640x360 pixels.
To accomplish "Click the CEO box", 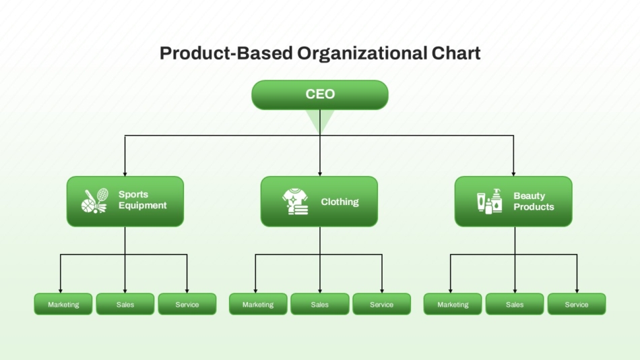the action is point(319,95).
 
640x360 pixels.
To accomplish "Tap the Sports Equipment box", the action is point(125,202).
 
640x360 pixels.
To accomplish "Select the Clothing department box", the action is point(319,202).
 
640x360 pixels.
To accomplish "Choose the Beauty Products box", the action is point(513,202).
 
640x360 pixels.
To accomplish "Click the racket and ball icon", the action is point(95,201).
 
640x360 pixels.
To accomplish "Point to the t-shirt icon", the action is point(295,202).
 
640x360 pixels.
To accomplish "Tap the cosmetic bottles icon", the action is point(490,201).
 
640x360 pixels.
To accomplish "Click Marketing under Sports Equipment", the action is point(63,304).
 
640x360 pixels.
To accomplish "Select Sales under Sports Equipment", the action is point(125,304).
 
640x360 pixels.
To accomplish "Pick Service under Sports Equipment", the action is point(187,304).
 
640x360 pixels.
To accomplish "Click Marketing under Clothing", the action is point(258,304).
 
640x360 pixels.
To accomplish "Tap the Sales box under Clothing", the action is point(320,304).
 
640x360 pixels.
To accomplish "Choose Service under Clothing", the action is point(381,304).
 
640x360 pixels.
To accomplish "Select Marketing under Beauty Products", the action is point(453,304).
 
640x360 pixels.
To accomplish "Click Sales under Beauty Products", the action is point(515,304).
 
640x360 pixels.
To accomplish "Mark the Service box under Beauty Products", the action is point(577,304).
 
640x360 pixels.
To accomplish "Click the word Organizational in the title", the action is point(362,53).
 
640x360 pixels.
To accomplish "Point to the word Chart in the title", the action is point(456,53).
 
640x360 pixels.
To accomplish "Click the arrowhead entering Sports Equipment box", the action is point(125,174).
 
